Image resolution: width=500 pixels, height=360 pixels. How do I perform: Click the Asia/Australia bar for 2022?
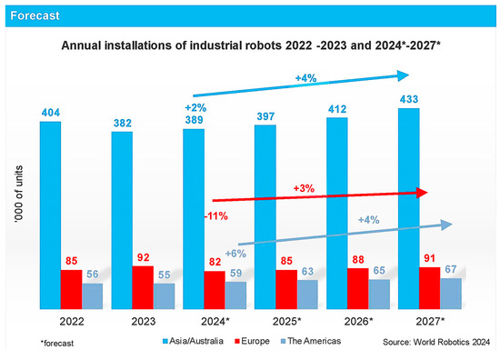[50, 214]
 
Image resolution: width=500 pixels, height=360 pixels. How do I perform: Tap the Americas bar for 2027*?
[452, 293]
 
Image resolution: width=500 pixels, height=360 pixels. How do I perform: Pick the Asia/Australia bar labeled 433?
[409, 209]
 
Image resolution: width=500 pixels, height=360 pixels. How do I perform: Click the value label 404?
[51, 112]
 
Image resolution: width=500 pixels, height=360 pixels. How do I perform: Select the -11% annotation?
[216, 216]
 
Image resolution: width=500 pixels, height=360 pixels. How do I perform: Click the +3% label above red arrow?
[305, 187]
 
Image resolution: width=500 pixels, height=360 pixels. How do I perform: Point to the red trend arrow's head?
[420, 193]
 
